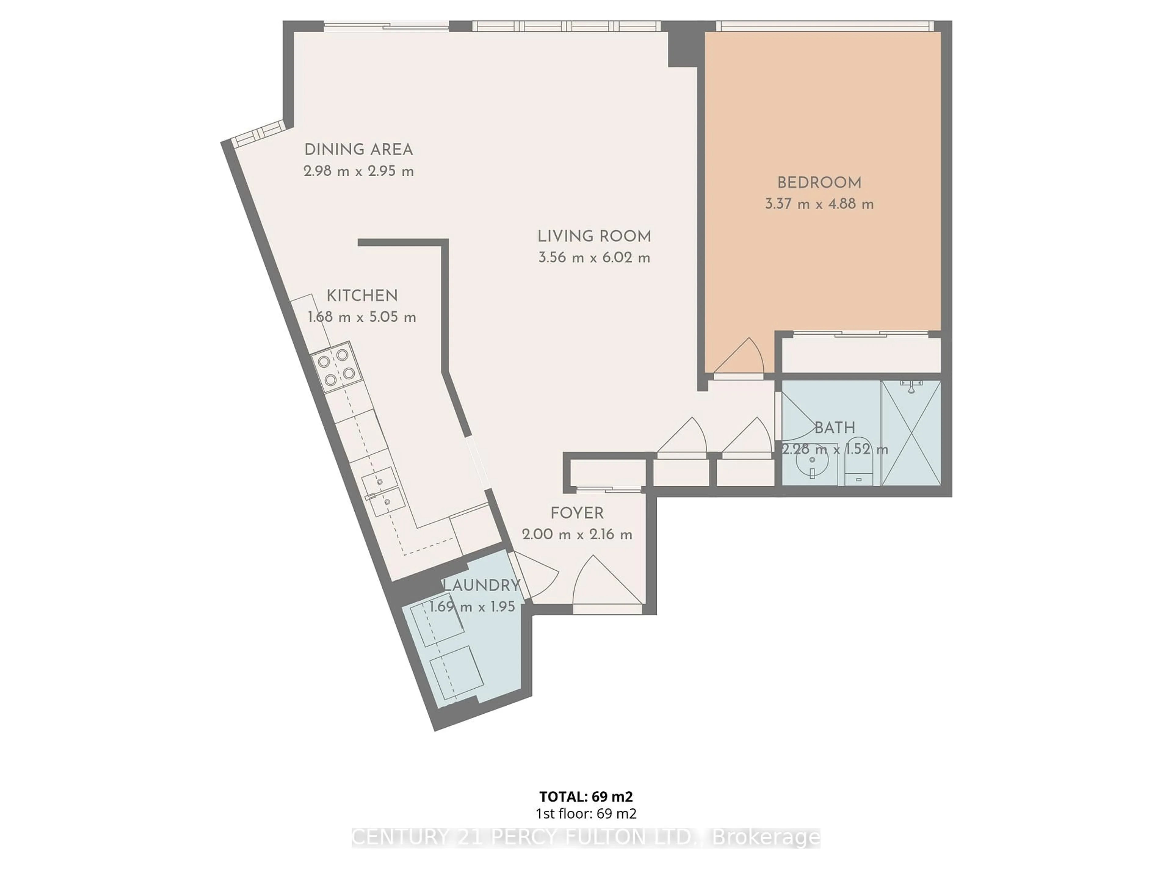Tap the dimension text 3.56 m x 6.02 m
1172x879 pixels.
[594, 258]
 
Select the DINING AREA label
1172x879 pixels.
[358, 150]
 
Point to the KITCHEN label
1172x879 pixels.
[362, 296]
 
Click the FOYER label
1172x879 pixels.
[577, 513]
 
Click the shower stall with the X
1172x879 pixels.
[911, 433]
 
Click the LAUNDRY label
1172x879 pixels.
[481, 585]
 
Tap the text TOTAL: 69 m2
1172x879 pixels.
[586, 796]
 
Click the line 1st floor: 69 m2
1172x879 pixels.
[586, 814]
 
